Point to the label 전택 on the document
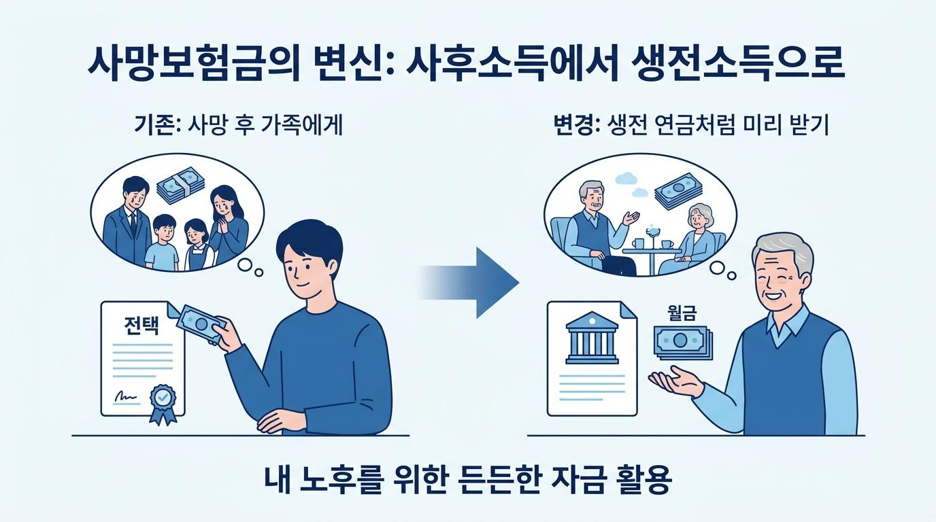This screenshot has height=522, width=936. tap(141, 326)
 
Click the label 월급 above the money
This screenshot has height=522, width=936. tap(682, 313)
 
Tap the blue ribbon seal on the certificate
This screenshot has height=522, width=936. tap(163, 404)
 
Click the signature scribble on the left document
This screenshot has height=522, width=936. tap(124, 397)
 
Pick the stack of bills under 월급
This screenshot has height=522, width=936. tap(684, 343)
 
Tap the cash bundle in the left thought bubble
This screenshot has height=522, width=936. tap(181, 185)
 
